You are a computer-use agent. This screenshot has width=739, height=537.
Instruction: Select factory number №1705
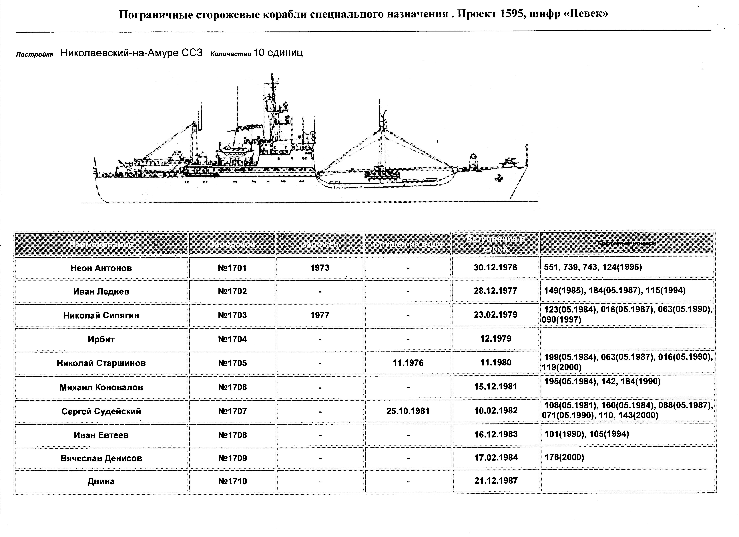pos(232,363)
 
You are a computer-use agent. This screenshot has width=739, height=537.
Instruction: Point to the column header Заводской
pos(232,244)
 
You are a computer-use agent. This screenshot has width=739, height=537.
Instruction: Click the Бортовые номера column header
pos(627,243)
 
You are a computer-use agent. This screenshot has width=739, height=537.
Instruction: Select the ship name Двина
pos(101,481)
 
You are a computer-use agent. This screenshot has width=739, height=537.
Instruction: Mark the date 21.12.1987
pos(496,481)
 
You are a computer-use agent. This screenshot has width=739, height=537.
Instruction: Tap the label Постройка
pos(35,54)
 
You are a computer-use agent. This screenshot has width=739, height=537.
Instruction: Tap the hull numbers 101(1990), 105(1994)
pos(587,434)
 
